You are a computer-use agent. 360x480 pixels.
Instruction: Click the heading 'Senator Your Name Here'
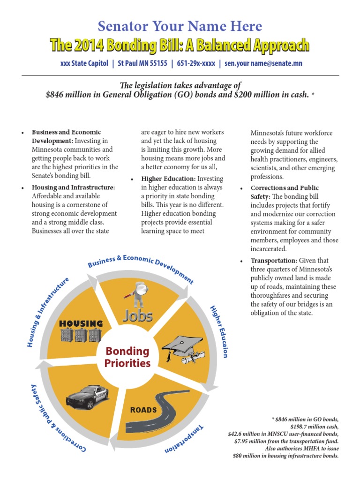point(180,26)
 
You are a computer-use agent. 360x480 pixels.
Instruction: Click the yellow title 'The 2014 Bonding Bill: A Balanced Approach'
point(180,45)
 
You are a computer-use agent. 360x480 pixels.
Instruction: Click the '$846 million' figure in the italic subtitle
point(68,95)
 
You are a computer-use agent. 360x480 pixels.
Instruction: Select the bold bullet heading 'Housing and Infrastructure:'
point(73,187)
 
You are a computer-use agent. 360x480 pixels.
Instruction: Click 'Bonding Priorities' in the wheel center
point(127,357)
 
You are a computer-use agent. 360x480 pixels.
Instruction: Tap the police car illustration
point(88,396)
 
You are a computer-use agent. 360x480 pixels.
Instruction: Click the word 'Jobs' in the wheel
point(138,315)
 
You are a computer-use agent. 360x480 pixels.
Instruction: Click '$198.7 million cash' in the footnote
point(314,427)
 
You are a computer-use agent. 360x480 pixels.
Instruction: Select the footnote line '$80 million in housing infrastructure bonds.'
point(285,456)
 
